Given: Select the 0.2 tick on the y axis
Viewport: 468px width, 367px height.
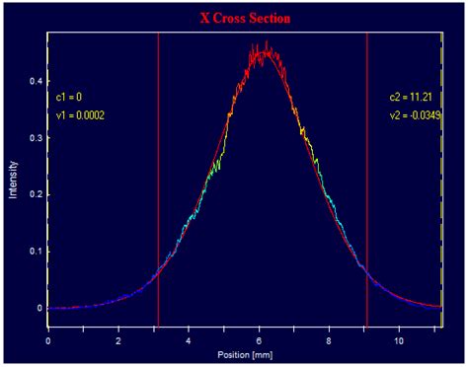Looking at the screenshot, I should tap(36, 194).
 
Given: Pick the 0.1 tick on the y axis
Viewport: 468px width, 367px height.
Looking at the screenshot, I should tap(36, 252).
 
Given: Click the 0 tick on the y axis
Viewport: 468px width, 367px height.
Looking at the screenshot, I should tap(39, 308).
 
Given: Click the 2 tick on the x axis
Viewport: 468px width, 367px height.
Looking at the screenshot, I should tap(118, 339).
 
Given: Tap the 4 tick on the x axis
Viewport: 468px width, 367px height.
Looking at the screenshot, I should tap(189, 339).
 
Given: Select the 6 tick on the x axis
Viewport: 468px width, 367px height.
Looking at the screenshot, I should tap(259, 339).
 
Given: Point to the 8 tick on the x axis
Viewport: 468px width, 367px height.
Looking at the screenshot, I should tap(329, 339).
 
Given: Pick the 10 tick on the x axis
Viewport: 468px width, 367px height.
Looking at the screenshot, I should tap(399, 339).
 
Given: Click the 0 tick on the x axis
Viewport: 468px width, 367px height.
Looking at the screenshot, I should tap(48, 339).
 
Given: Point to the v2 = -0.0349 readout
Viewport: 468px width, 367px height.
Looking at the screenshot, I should tap(413, 115).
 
